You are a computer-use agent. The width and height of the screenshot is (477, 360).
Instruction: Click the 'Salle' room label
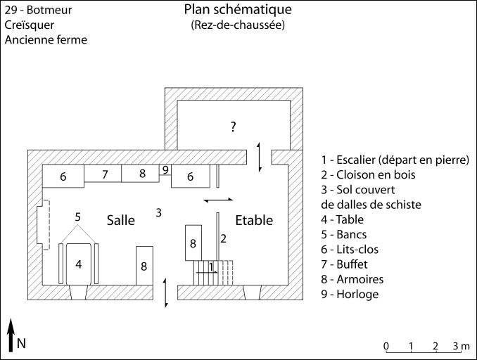(120, 220)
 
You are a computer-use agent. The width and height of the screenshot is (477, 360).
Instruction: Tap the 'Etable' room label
(254, 220)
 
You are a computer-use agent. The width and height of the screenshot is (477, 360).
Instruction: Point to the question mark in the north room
(233, 127)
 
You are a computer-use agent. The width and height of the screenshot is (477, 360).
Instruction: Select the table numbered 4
(79, 265)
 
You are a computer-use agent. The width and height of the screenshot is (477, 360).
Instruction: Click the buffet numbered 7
(104, 174)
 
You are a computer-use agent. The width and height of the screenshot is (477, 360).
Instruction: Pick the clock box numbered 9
(165, 169)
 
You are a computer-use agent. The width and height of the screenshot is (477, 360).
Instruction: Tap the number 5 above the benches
(78, 216)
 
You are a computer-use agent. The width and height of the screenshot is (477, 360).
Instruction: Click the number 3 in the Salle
(159, 212)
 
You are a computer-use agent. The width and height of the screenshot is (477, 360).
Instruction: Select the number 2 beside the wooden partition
(223, 238)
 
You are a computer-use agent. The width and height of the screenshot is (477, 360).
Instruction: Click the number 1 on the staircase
(212, 265)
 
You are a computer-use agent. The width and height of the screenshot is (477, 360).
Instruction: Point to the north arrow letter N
(22, 343)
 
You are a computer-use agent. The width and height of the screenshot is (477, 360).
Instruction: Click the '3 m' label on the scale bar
(461, 345)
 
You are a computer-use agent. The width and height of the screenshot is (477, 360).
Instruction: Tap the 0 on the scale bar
(386, 345)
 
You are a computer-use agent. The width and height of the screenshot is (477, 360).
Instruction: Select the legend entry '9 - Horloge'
(349, 295)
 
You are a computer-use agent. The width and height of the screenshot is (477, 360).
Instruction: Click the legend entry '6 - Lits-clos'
(353, 250)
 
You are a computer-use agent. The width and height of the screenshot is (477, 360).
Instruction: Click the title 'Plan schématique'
(238, 10)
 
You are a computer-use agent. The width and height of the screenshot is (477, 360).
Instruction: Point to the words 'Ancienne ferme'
(46, 40)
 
